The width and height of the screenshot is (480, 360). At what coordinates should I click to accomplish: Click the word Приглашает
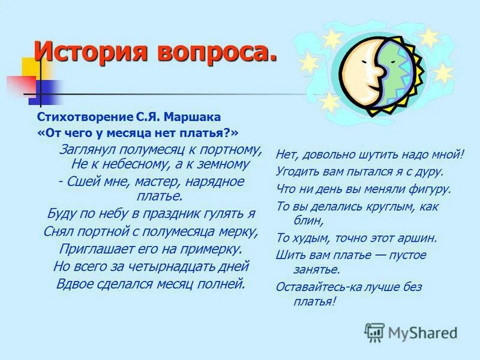click(x=92, y=248)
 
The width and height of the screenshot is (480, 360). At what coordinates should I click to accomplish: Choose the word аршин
click(x=416, y=238)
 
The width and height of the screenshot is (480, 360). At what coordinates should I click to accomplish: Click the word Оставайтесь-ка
click(x=317, y=287)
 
